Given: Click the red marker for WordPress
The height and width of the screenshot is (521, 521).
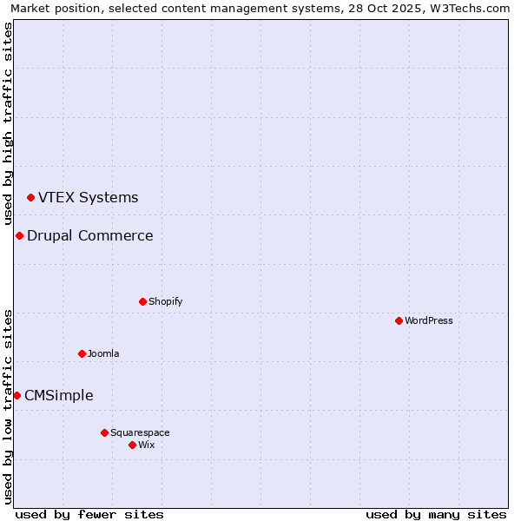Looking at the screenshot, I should (x=399, y=320).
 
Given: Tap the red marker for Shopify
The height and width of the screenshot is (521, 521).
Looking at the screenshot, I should (x=142, y=301).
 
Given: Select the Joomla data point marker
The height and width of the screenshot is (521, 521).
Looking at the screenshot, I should (x=82, y=353).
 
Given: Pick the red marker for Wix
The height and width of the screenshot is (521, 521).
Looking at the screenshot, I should (x=132, y=445).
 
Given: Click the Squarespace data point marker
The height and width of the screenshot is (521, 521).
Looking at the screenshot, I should (x=104, y=432).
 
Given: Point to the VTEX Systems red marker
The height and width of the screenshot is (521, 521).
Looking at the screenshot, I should (x=30, y=198).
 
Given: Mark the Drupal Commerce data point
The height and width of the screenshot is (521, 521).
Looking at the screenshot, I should (x=19, y=236).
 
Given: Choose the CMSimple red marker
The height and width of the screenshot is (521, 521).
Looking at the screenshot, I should (x=16, y=396).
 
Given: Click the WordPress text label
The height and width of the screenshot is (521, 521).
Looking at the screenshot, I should (x=429, y=320).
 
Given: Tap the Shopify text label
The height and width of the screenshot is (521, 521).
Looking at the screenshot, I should (x=165, y=301).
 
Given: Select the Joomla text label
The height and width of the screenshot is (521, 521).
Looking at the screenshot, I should (x=103, y=353).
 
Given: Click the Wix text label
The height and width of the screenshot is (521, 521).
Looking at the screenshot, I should (x=146, y=445).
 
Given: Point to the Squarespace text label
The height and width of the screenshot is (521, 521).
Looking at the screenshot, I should (x=140, y=432).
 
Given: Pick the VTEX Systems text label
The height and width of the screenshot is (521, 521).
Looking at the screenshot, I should (x=88, y=197).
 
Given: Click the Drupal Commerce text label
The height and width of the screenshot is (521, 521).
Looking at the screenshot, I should (x=89, y=235).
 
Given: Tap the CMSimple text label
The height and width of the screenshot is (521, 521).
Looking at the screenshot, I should (x=58, y=395).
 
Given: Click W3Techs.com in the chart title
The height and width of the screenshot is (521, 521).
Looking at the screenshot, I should (x=472, y=8).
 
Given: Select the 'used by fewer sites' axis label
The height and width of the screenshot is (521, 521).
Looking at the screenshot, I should (x=89, y=514).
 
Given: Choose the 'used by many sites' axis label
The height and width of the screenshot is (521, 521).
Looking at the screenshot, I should (x=436, y=514).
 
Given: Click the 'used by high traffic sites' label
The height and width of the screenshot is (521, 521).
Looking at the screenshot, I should (x=8, y=123).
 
